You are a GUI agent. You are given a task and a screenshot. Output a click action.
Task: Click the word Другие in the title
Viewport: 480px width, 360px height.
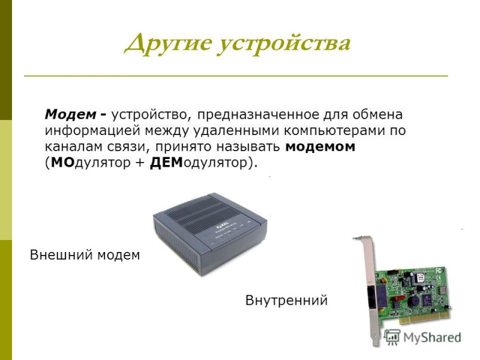(168, 43)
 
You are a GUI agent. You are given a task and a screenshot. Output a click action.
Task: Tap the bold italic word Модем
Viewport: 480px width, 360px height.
(70, 115)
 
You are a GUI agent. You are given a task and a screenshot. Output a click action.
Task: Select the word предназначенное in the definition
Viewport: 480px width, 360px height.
(258, 115)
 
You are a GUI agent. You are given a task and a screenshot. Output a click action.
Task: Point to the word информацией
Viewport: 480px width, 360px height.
(93, 131)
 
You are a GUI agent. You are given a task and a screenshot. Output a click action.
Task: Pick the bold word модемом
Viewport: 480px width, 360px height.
(320, 147)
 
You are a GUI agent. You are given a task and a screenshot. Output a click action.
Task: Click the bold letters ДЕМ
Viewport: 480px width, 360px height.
(166, 163)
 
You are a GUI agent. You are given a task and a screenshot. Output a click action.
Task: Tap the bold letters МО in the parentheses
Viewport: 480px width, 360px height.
(63, 163)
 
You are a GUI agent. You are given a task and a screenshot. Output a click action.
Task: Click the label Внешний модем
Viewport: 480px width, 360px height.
(85, 254)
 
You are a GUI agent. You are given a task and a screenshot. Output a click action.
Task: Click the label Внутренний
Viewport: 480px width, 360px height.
(287, 301)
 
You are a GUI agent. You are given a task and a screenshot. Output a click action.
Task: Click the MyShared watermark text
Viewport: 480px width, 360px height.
(432, 338)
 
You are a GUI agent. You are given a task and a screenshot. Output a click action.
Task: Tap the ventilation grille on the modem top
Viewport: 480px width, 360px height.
(202, 214)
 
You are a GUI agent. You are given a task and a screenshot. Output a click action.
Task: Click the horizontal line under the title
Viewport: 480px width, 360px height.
(236, 76)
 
